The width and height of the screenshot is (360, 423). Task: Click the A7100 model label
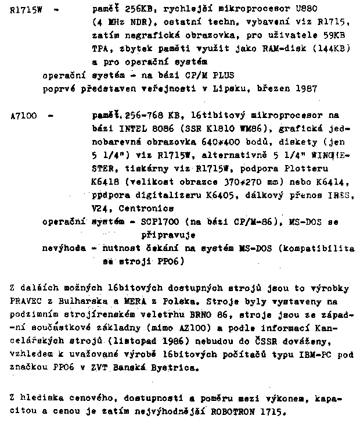pyautogui.click(x=23, y=116)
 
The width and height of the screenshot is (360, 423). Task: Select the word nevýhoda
pyautogui.click(x=63, y=249)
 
